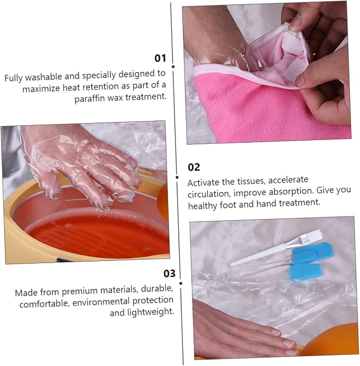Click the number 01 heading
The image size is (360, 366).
160,58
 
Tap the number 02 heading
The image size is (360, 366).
194,167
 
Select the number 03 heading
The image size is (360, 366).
169,273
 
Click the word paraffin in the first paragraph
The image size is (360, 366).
90,99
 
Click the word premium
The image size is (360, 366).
80,291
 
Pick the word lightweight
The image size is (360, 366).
151,312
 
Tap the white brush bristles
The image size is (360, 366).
312,236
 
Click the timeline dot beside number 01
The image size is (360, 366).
173,67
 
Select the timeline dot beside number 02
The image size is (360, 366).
177,177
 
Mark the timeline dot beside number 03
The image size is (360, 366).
181,283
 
